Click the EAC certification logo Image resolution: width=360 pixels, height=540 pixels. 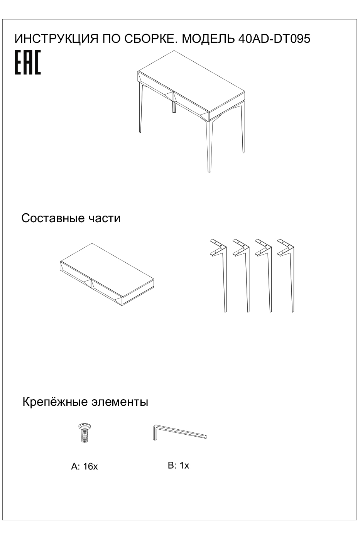pyautogui.click(x=28, y=62)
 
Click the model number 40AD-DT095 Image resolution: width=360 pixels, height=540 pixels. pyautogui.click(x=274, y=39)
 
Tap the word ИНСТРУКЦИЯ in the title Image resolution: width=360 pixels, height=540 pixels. pyautogui.click(x=56, y=39)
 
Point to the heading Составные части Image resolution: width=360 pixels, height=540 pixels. pyautogui.click(x=71, y=218)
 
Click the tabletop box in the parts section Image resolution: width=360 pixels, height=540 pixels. pyautogui.click(x=106, y=274)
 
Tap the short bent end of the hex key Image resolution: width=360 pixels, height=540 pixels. pyautogui.click(x=155, y=433)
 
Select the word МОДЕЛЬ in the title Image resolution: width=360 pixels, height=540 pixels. pyautogui.click(x=208, y=39)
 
